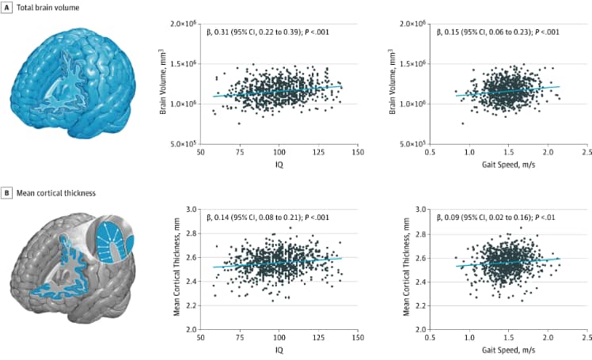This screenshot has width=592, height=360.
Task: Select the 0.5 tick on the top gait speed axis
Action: (x=430, y=153)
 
